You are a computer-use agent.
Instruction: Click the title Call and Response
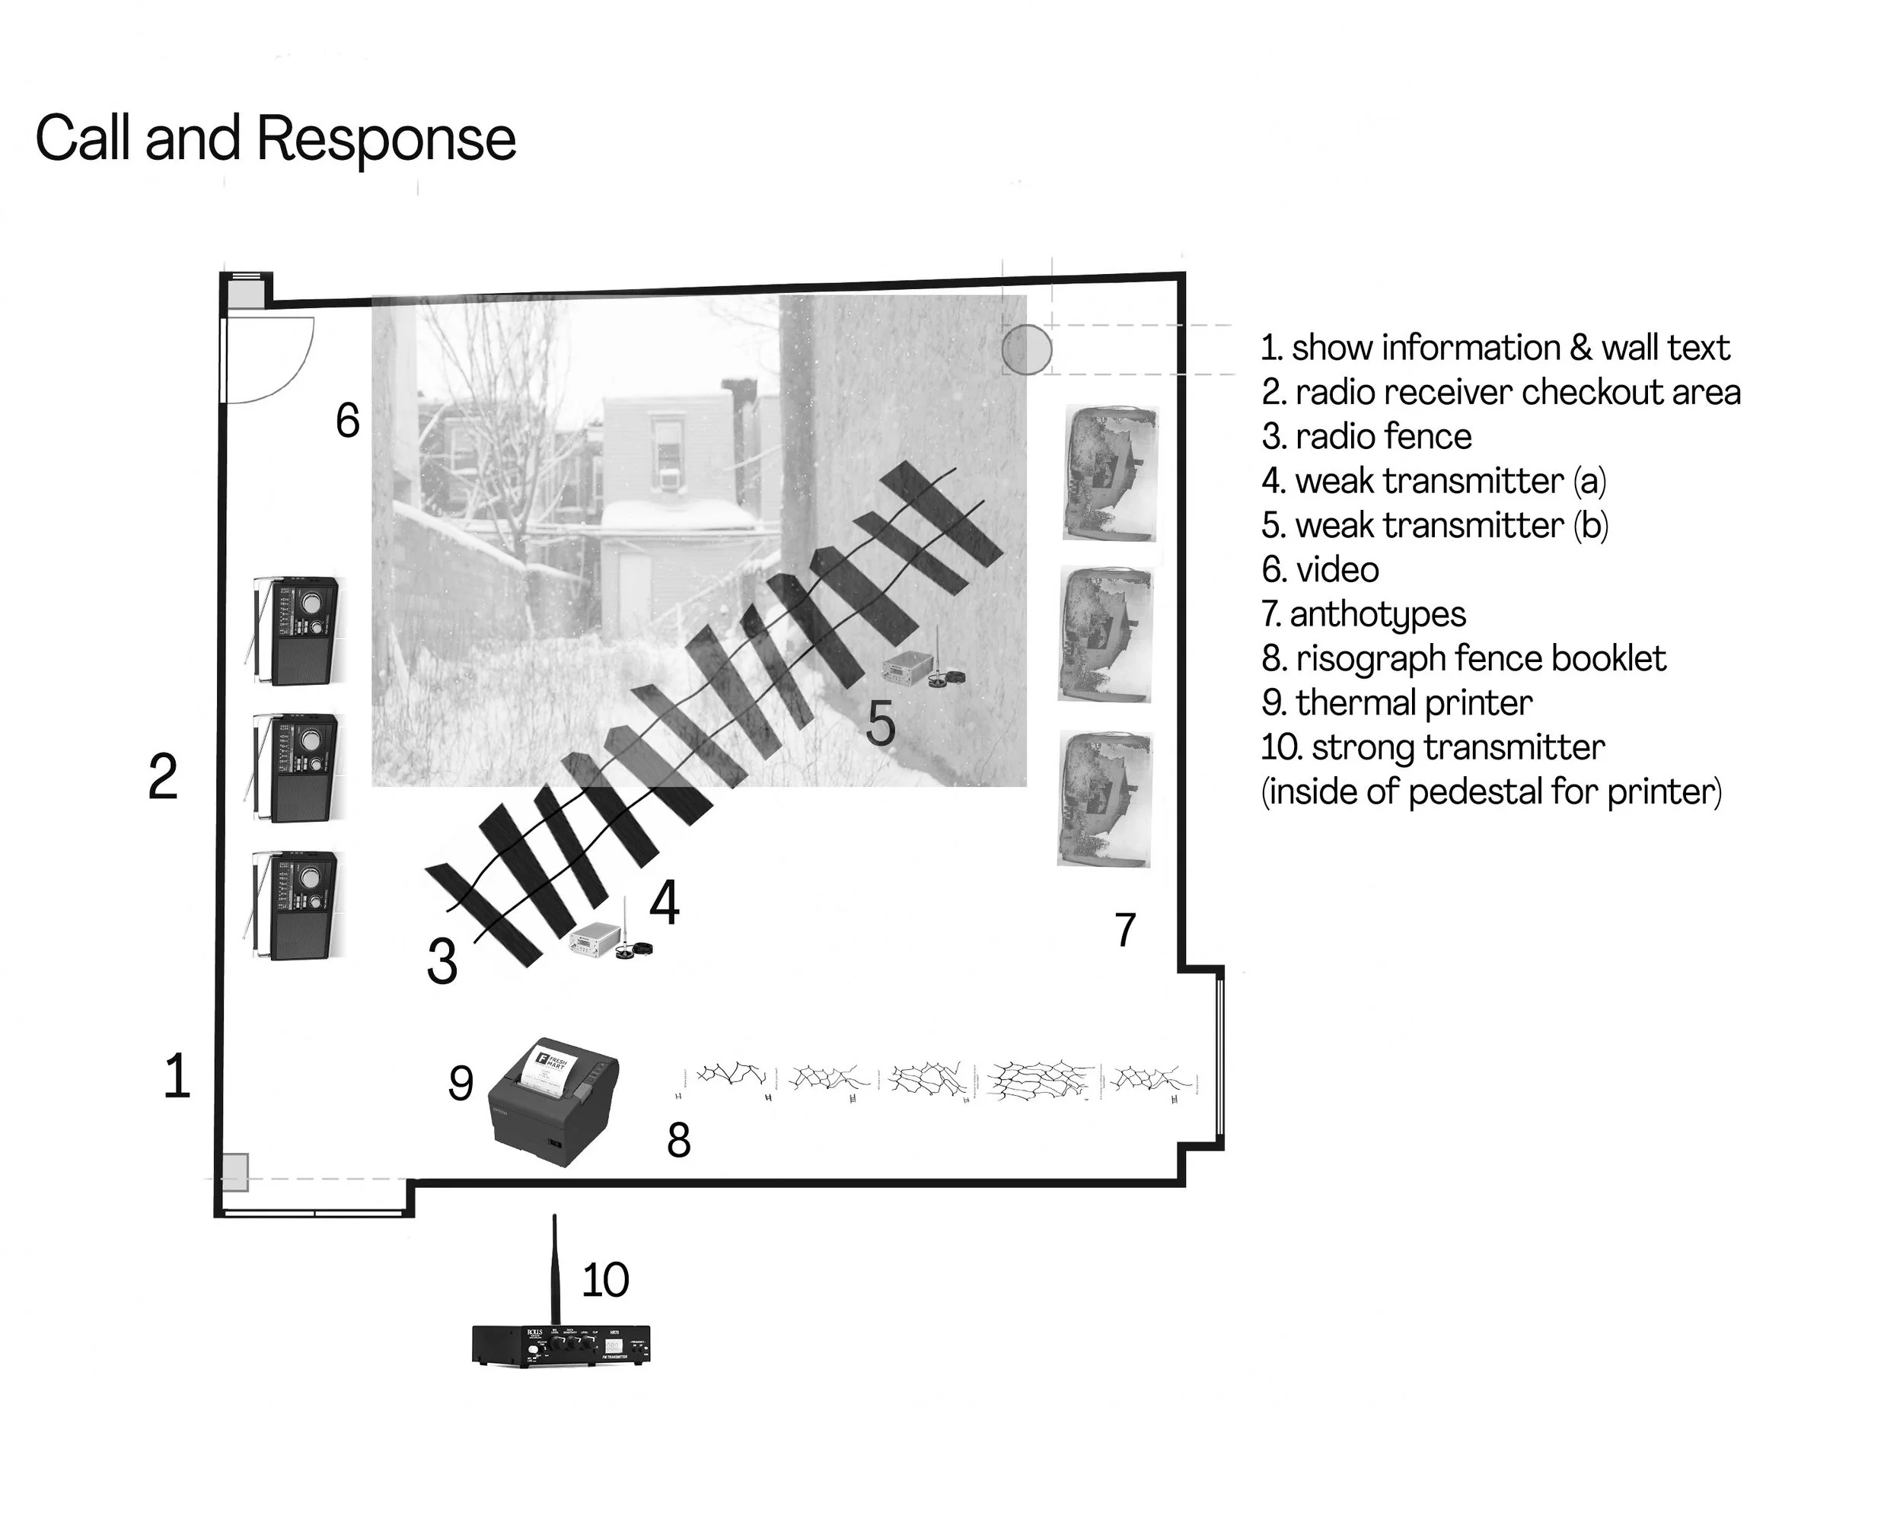coord(276,139)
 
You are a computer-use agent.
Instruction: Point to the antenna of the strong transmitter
coord(554,1271)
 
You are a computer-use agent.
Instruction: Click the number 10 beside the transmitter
coord(605,1279)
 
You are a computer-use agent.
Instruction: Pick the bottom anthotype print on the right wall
coord(1105,799)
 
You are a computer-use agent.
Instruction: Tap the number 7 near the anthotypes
coord(1124,930)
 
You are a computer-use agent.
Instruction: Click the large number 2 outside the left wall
coord(164,777)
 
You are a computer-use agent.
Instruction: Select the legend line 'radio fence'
coord(1367,437)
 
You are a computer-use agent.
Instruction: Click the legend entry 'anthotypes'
coord(1365,614)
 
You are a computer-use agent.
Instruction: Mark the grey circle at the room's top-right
coord(1027,349)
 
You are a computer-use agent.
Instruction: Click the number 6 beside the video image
coord(348,420)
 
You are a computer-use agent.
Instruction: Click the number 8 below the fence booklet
coord(678,1140)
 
